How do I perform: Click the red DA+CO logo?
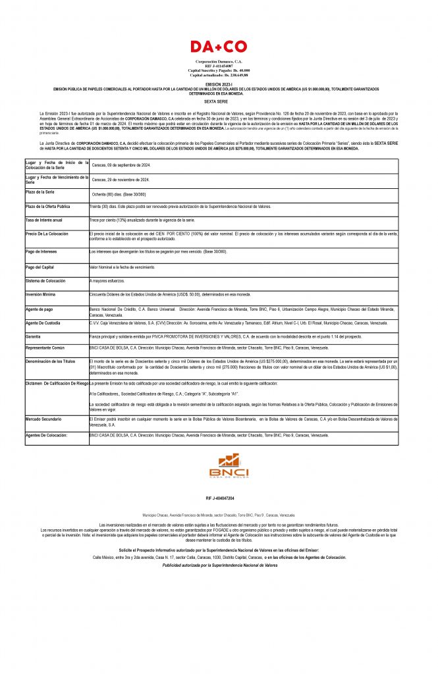tap(219, 47)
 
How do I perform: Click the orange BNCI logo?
tap(219, 465)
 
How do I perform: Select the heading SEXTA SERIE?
tap(219, 102)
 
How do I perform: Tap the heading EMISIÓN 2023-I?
tap(219, 84)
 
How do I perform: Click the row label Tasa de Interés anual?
tap(44, 220)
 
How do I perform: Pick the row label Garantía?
tap(34, 336)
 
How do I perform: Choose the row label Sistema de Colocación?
tap(46, 280)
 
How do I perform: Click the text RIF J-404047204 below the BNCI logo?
tap(220, 498)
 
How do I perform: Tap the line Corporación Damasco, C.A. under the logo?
tap(219, 61)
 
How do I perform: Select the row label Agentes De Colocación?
tap(46, 435)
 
